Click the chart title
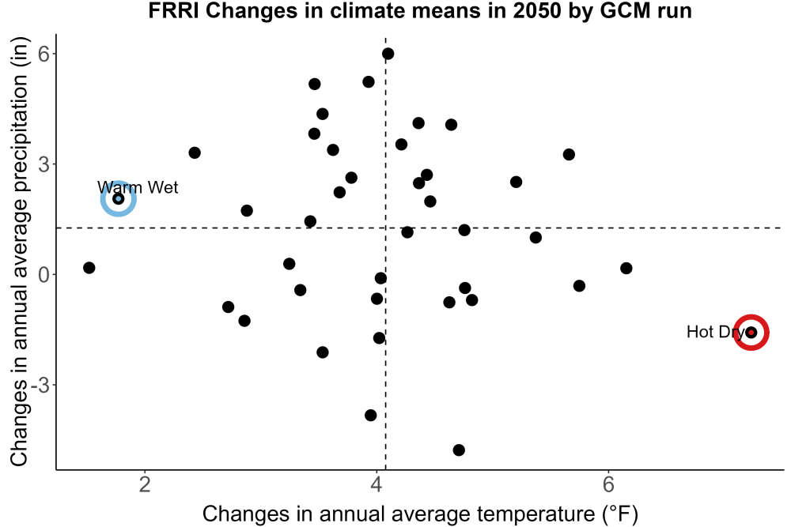tap(420, 10)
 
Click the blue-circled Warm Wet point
tap(119, 198)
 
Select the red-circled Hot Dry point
tap(751, 332)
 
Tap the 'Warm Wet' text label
tap(138, 187)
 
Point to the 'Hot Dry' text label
tap(715, 332)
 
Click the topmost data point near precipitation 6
tap(388, 54)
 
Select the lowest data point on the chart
tap(459, 450)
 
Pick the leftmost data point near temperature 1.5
tap(89, 268)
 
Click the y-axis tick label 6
tap(44, 54)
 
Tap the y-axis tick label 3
tap(44, 164)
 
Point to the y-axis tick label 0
tap(44, 275)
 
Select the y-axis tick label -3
tap(40, 385)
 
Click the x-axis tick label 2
tap(146, 484)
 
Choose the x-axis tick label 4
tap(377, 484)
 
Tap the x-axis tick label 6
tap(608, 484)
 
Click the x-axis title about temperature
tap(420, 514)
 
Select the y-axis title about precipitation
tap(20, 252)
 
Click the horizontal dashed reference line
tap(420, 228)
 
